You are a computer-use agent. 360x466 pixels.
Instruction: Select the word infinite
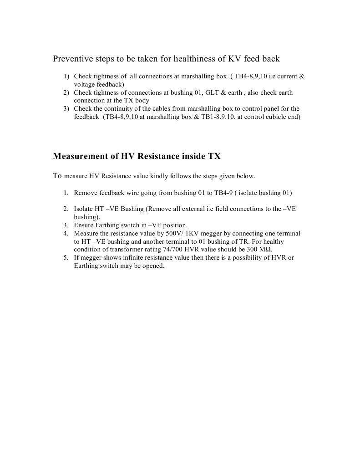(x=132, y=258)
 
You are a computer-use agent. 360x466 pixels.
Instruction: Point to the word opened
(x=153, y=266)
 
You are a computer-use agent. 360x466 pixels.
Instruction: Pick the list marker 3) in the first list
(x=66, y=108)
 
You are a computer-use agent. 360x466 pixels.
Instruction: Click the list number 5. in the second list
(x=66, y=258)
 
